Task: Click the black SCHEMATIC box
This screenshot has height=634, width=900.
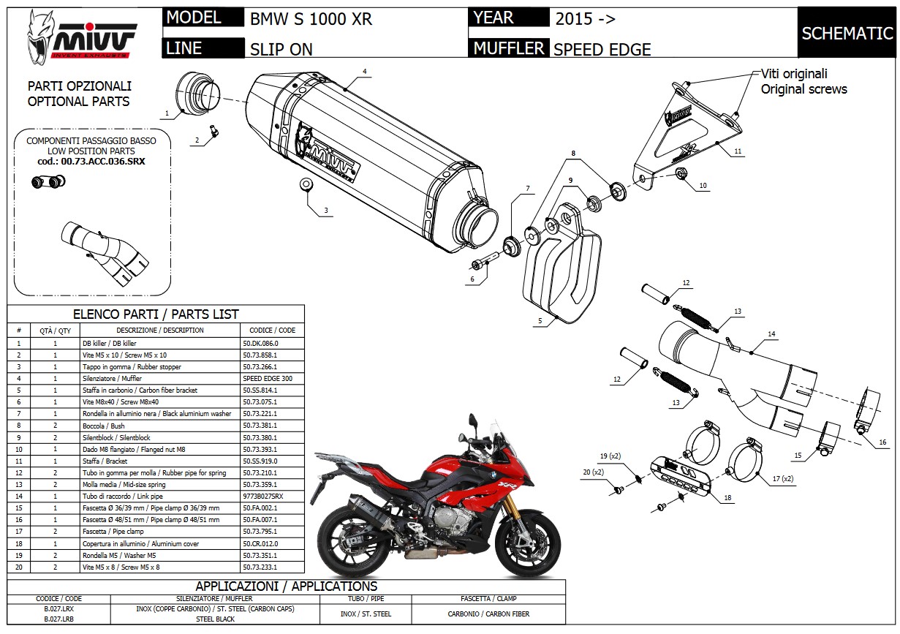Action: click(847, 33)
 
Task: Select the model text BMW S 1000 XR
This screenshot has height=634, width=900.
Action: click(311, 19)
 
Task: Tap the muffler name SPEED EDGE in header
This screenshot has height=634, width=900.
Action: click(602, 50)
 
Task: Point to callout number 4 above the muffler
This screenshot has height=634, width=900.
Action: click(364, 72)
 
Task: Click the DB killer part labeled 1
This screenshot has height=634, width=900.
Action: click(199, 94)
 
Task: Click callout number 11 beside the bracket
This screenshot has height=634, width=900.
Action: click(738, 151)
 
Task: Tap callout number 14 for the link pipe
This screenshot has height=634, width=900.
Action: click(771, 334)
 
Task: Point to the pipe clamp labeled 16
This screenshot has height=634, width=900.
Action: click(868, 412)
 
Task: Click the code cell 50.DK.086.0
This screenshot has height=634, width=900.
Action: click(260, 343)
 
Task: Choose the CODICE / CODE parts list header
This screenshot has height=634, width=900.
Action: click(272, 330)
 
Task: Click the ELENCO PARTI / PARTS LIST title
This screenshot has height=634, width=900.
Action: click(155, 314)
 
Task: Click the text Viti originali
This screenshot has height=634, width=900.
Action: click(794, 74)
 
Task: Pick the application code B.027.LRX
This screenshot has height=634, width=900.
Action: click(58, 608)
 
